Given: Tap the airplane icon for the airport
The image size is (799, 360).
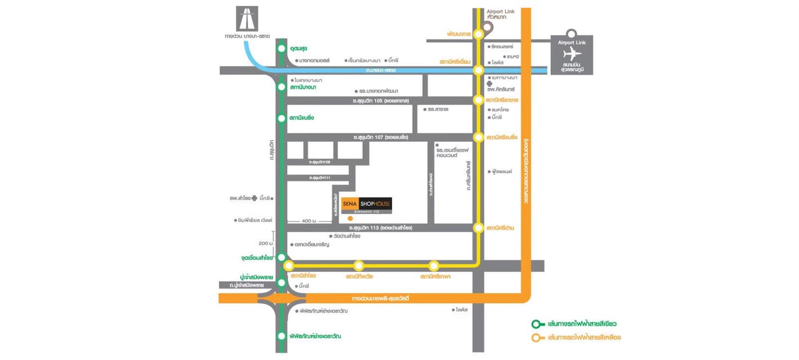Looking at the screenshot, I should click(x=572, y=53).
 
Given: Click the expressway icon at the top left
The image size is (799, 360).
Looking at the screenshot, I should click(x=247, y=19).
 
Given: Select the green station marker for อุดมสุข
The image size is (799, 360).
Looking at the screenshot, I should click(x=281, y=49).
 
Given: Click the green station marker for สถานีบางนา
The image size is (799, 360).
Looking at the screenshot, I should click(x=281, y=87).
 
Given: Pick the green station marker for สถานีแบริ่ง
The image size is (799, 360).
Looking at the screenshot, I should click(x=281, y=118).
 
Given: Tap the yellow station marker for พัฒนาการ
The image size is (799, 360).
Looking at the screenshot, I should click(x=478, y=34).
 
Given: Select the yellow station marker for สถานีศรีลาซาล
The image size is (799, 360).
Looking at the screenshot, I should click(x=478, y=100).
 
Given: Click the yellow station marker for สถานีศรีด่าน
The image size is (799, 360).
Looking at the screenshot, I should click(x=478, y=228).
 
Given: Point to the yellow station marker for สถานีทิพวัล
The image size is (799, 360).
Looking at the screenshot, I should click(x=358, y=265).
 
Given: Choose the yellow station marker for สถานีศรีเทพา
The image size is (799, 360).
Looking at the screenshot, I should click(x=433, y=265).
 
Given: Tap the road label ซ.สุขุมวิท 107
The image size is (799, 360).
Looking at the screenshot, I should click(x=380, y=137).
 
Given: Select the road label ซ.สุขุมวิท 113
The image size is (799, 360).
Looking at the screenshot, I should click(x=381, y=228).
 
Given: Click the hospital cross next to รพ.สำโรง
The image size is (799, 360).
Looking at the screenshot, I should click(x=255, y=198).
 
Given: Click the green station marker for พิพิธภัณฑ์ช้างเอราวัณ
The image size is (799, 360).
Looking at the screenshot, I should click(x=281, y=336).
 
